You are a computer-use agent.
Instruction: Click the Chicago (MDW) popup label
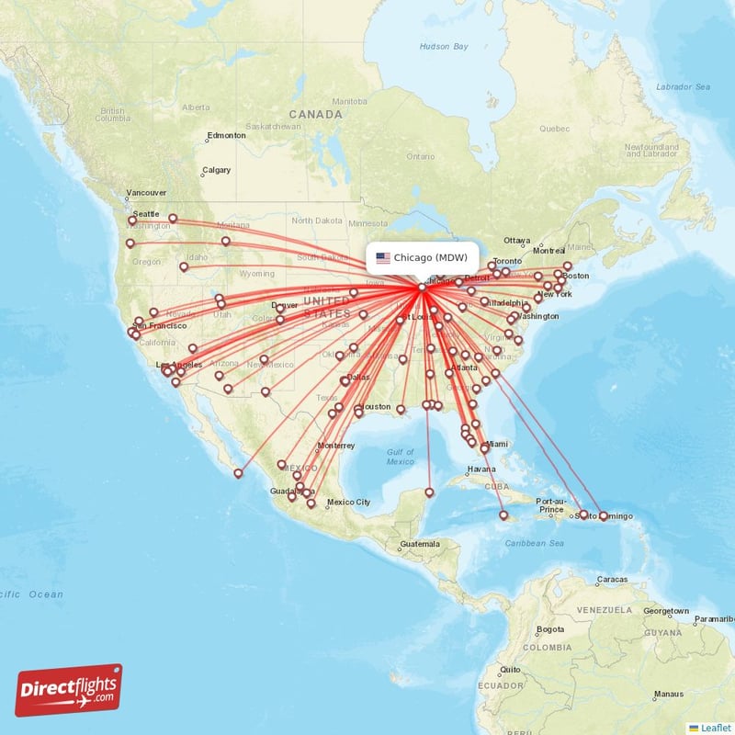coord(431,257)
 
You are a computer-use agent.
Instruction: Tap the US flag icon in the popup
coord(382,257)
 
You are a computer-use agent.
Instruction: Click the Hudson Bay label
coord(444,46)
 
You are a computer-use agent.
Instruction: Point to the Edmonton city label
coord(227,135)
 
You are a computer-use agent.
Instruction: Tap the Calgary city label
coord(217,170)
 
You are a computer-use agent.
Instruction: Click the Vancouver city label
coord(147,193)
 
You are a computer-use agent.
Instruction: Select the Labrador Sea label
coord(683,86)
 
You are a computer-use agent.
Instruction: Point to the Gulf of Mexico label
coord(400,457)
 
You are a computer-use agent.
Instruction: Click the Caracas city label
coord(612,580)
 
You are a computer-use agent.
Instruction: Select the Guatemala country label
coord(420,544)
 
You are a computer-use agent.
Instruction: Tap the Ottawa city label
coord(517,240)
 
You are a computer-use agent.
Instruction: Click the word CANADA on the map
coord(316,115)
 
